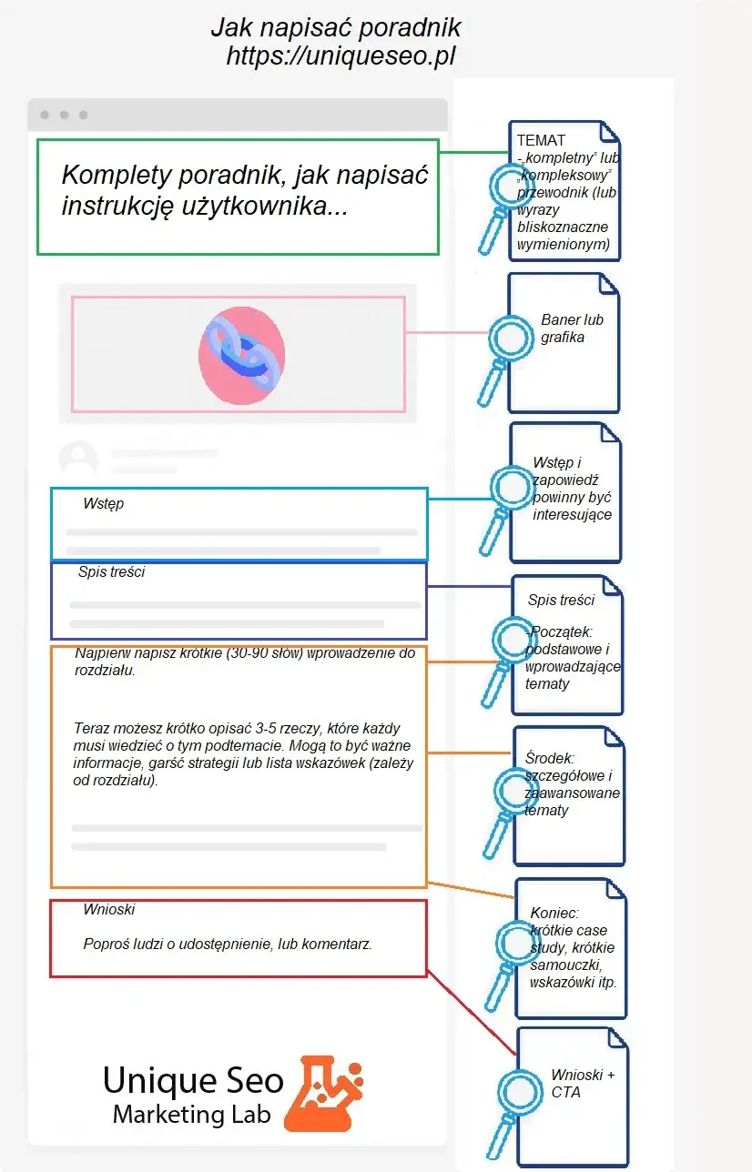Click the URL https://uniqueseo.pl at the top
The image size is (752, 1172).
pyautogui.click(x=340, y=56)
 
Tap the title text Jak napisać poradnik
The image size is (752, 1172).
pyautogui.click(x=335, y=27)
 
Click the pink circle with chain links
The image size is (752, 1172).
pyautogui.click(x=241, y=352)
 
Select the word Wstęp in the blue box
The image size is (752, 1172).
pyautogui.click(x=103, y=503)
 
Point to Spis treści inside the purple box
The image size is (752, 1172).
pyautogui.click(x=111, y=572)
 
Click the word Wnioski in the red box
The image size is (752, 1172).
pyautogui.click(x=109, y=909)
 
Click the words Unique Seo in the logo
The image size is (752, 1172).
pyautogui.click(x=193, y=1080)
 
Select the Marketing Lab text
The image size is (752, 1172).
pyautogui.click(x=191, y=1115)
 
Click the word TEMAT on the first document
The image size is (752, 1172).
pyautogui.click(x=541, y=140)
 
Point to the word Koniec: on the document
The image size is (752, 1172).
pyautogui.click(x=554, y=913)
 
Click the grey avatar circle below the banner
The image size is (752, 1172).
pyautogui.click(x=78, y=459)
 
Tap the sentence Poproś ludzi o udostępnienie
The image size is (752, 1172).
pyautogui.click(x=228, y=945)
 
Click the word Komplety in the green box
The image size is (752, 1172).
pyautogui.click(x=117, y=175)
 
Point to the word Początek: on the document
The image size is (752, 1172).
pyautogui.click(x=561, y=632)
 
